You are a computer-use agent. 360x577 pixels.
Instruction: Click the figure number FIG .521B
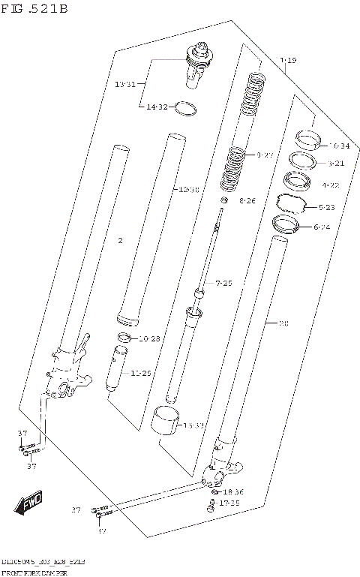pos(34,9)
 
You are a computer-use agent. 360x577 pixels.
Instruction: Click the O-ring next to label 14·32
pos(186,110)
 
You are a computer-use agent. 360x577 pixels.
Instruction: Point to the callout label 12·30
pos(188,190)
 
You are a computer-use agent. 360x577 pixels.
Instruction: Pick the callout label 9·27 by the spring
pos(265,155)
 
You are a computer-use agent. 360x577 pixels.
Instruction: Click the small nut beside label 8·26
pos(223,200)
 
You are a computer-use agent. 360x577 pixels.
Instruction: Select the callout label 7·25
pos(223,283)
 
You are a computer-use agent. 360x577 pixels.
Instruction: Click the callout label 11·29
pos(141,373)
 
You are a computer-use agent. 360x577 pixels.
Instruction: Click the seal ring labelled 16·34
pos(307,140)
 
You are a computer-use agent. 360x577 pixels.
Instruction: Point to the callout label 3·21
pos(335,164)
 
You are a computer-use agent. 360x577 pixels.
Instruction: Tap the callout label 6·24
pos(331,227)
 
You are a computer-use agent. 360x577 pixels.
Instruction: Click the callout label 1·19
pos(287,60)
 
